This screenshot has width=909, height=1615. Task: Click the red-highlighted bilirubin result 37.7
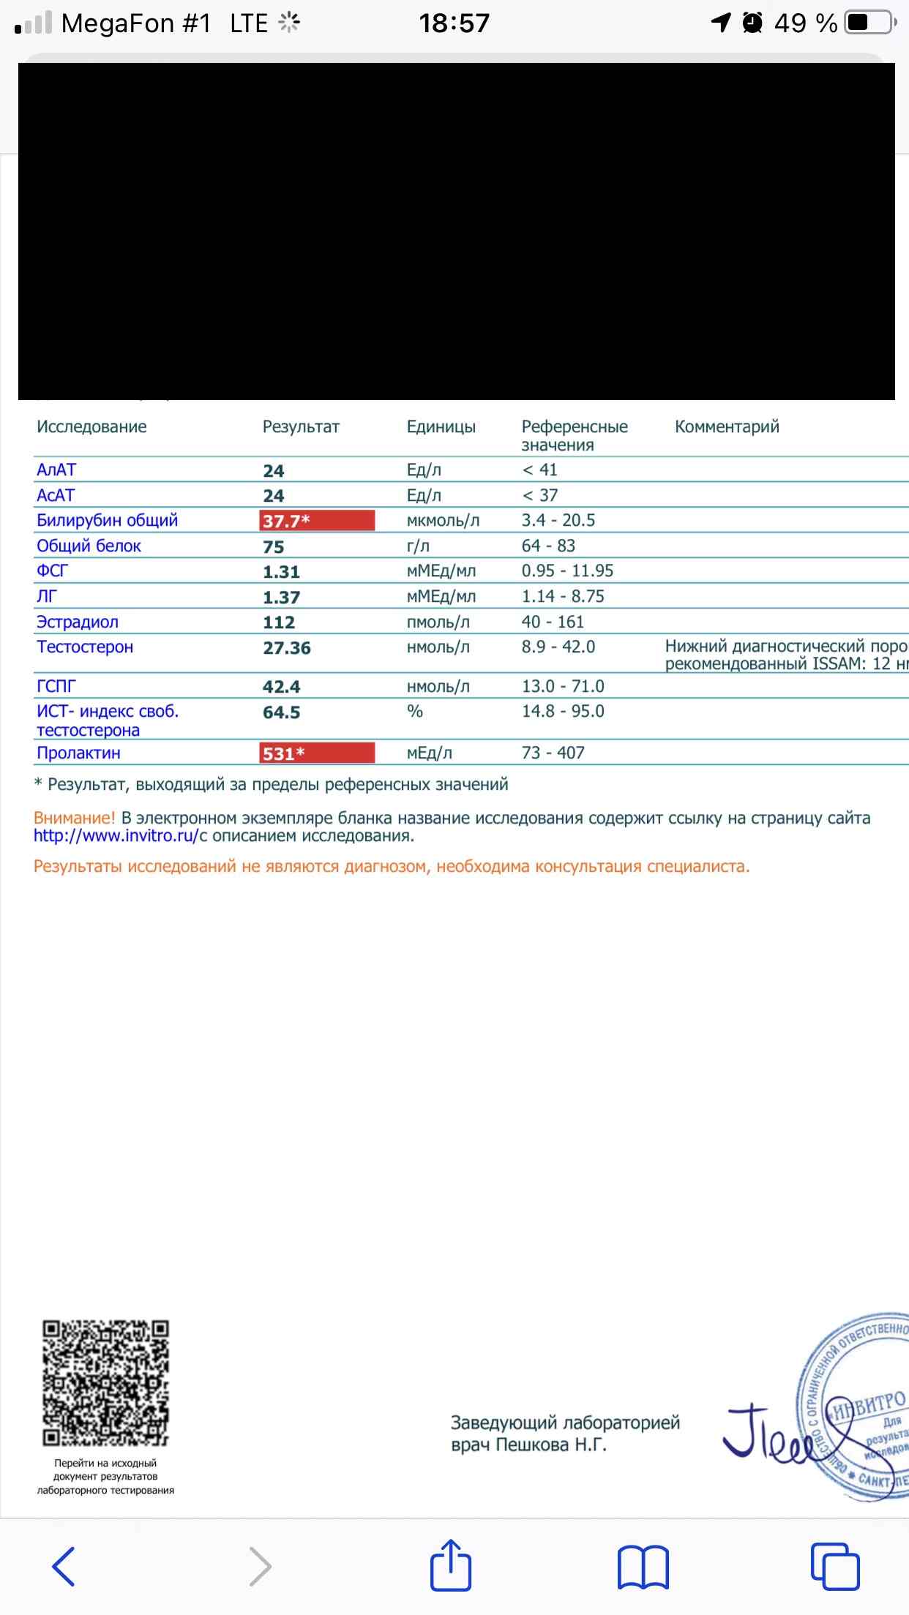click(316, 521)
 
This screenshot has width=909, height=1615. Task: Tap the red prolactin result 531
click(316, 753)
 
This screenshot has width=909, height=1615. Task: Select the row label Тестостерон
click(85, 647)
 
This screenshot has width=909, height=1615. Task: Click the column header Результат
click(301, 427)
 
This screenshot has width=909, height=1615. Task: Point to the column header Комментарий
click(727, 427)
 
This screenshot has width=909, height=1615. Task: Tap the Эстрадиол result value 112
click(279, 622)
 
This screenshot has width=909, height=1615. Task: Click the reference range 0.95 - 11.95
click(567, 571)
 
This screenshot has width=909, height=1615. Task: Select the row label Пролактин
click(78, 753)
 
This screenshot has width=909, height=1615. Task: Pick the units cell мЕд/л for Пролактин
click(429, 753)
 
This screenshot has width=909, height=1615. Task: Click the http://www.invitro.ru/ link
click(116, 836)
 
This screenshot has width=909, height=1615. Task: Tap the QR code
click(105, 1383)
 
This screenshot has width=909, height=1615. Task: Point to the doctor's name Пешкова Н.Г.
click(551, 1445)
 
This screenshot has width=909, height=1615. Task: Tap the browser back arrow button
click(64, 1567)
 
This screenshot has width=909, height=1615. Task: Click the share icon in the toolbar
click(450, 1565)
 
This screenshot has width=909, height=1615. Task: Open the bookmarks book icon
click(643, 1567)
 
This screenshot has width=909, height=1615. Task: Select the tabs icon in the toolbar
click(834, 1567)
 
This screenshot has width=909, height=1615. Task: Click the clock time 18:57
click(454, 23)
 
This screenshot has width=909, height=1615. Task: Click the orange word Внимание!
click(74, 818)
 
